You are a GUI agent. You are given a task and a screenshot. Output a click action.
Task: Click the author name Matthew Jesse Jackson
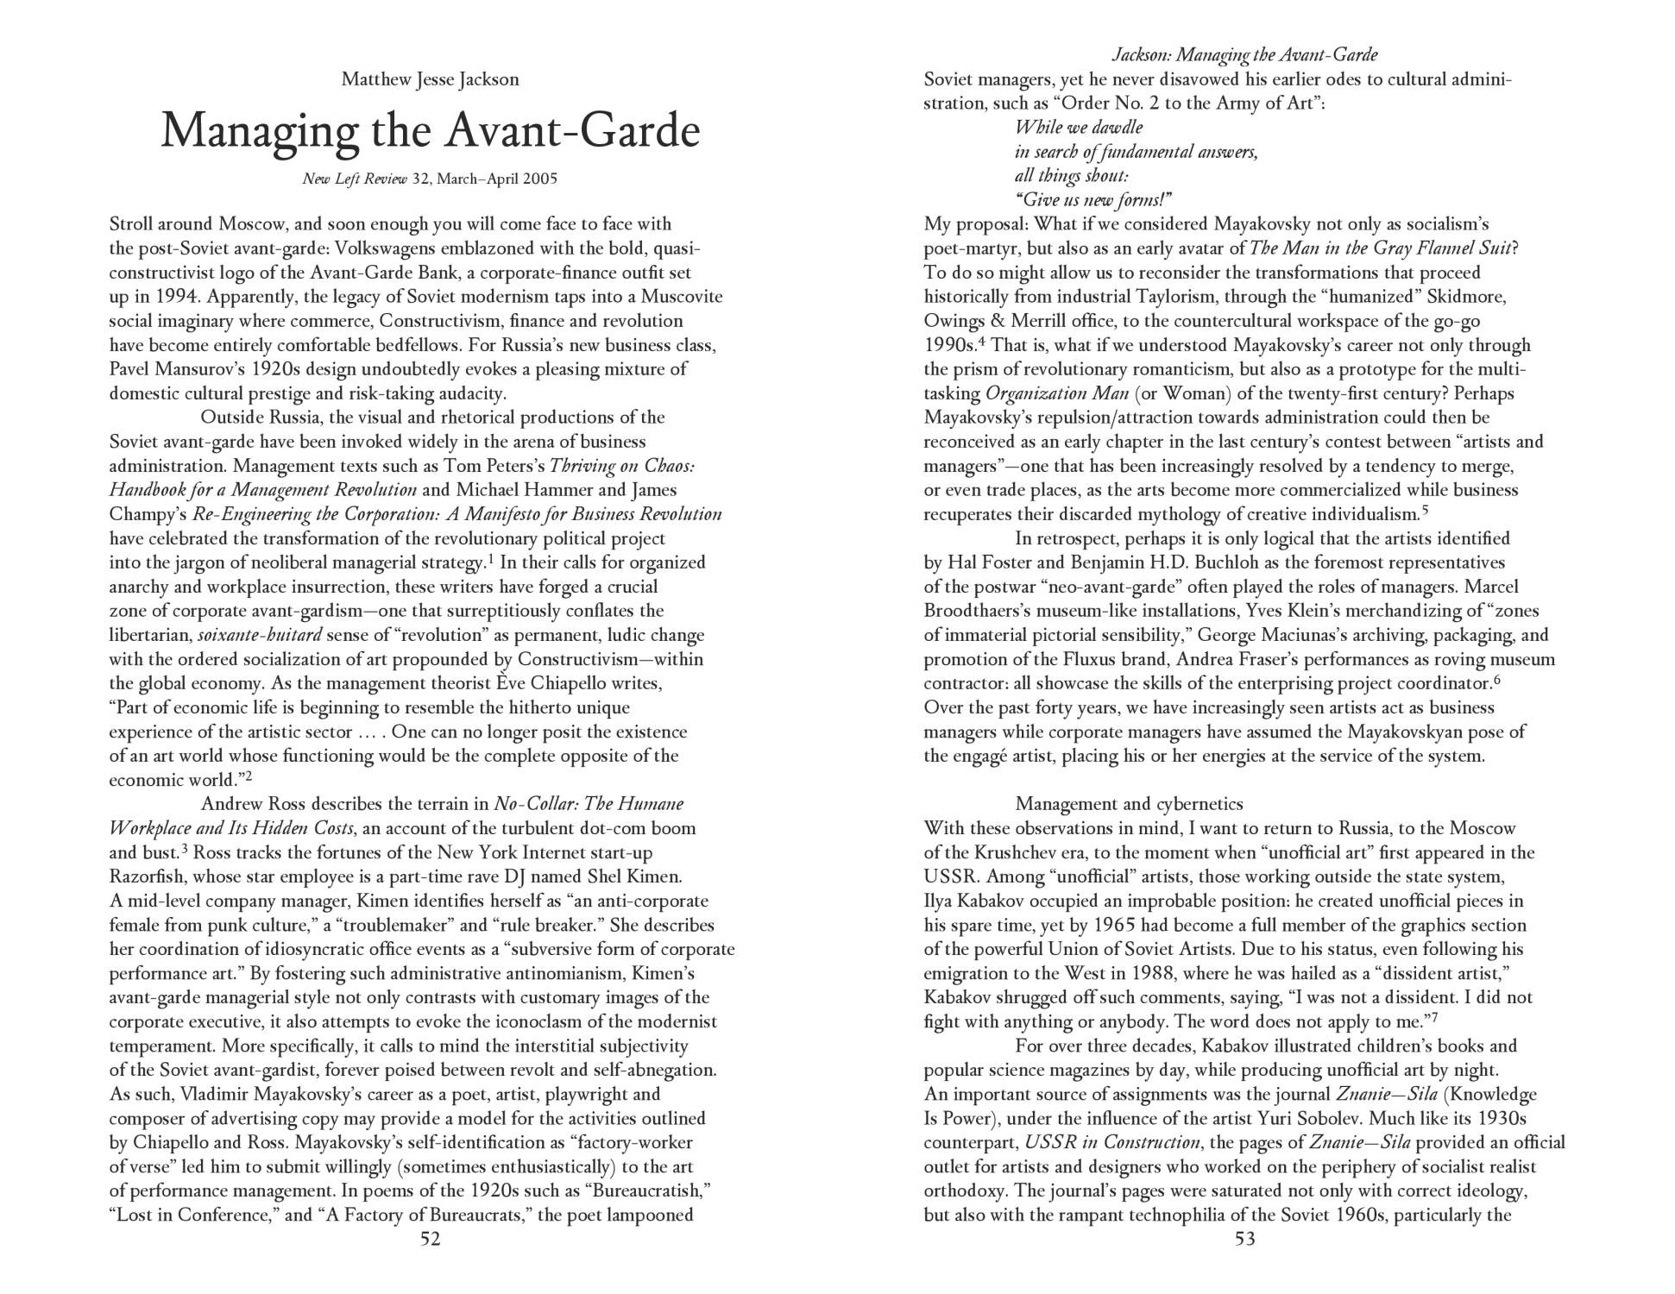coord(430,80)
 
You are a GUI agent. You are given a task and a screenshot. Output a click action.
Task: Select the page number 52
coord(430,1240)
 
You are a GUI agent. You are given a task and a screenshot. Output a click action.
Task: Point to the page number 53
coord(1244,1240)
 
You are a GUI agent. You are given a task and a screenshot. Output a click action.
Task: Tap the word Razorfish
coord(148,877)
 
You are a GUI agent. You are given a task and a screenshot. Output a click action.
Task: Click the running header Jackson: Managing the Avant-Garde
coord(1244,55)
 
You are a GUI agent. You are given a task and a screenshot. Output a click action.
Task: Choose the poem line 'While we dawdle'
coord(1079,128)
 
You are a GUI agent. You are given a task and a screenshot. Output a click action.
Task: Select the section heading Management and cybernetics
coord(1129,805)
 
